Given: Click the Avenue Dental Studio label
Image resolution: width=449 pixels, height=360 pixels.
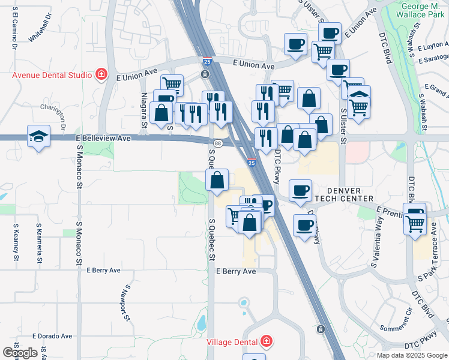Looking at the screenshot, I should pos(52,75).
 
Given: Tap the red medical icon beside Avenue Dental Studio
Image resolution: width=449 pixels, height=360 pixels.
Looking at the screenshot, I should pos(101,75).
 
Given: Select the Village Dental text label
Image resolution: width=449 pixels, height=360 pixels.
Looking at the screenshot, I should pos(233,341).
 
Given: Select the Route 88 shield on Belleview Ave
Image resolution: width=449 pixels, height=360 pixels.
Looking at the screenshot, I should pos(217,143).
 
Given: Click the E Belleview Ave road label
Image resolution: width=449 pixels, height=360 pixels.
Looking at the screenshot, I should pos(103,138).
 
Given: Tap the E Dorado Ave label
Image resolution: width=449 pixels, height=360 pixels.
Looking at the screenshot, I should pos(52,336).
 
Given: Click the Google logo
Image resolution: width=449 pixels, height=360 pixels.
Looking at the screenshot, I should pos(20,353).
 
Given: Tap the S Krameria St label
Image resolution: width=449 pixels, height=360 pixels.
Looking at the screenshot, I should pos(39,245).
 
